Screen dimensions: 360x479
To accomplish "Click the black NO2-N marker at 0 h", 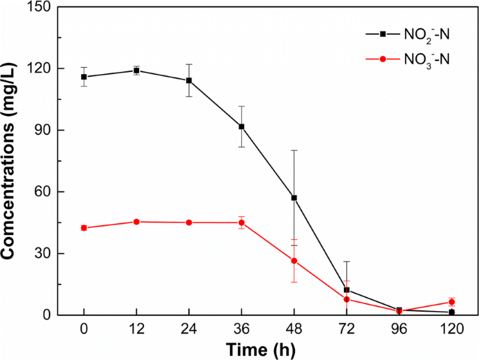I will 84,77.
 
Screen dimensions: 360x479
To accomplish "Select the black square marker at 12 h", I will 136,71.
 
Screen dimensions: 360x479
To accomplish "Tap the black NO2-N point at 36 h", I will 241,127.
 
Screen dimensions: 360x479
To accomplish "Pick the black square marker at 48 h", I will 294,198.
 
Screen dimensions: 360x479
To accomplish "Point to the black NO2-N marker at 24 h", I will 189,80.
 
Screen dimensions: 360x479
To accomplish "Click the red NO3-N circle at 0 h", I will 84,228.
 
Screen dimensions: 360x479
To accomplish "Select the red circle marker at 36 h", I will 241,222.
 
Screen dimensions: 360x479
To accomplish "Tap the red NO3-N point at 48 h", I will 294,261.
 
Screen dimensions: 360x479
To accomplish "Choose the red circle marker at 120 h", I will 452,302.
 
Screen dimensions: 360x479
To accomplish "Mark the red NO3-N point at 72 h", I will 347,299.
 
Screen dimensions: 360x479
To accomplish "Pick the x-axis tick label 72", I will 347,328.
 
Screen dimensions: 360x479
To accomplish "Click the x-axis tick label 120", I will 452,328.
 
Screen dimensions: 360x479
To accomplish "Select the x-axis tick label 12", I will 136,328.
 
